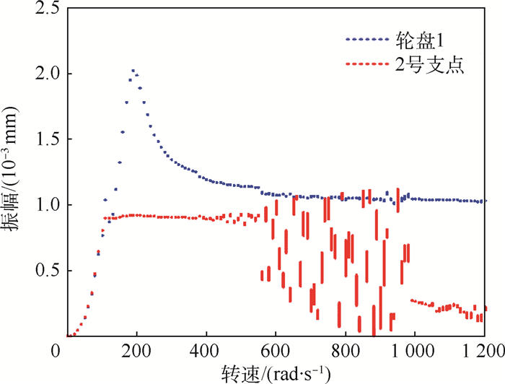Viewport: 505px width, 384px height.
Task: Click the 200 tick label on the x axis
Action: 136,352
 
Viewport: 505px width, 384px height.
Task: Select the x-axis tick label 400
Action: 206,352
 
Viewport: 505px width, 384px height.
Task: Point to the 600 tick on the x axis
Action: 276,352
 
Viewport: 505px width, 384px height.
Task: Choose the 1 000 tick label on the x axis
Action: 413,352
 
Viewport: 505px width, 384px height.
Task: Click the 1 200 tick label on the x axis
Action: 482,352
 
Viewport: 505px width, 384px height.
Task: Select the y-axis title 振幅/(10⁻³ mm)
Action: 14,172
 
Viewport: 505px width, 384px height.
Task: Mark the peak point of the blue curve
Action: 133,71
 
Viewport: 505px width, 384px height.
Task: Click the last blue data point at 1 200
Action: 484,201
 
